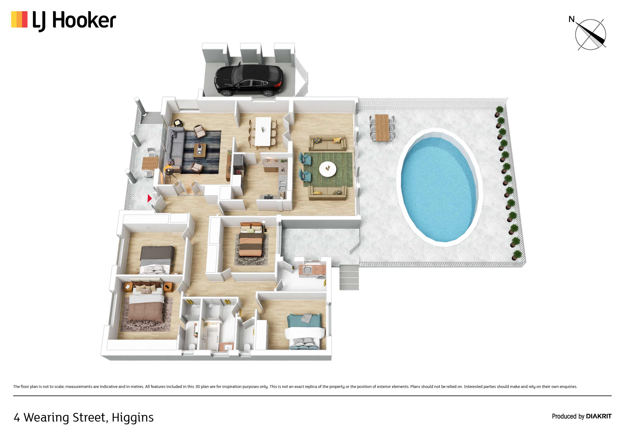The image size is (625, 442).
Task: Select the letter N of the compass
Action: click(571, 19)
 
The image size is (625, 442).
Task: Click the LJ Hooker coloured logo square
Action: click(19, 19)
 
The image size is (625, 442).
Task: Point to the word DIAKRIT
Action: click(599, 416)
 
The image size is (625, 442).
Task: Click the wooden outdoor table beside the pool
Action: click(382, 127)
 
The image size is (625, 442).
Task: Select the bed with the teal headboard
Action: click(304, 331)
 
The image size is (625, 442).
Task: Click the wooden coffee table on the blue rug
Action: click(200, 151)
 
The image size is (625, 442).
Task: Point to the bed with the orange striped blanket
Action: click(251, 240)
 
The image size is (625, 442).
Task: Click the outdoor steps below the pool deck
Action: click(349, 277)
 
